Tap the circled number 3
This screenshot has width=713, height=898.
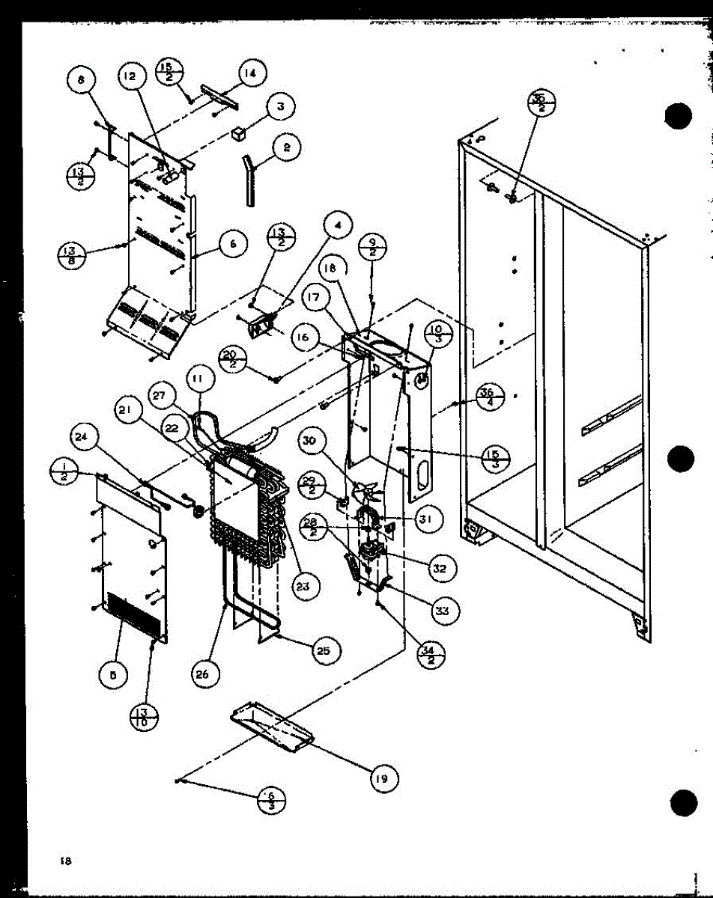click(279, 106)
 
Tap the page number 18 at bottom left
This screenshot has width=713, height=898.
click(66, 861)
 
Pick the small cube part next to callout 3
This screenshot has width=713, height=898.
click(239, 133)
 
